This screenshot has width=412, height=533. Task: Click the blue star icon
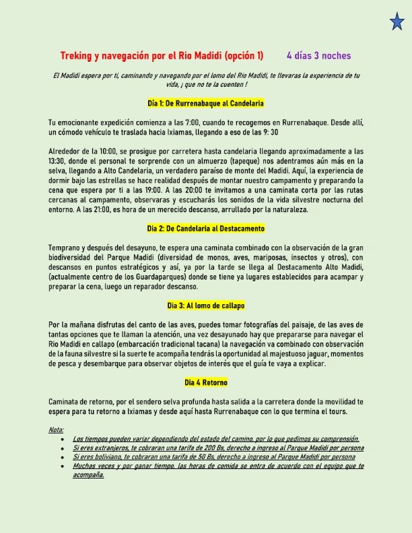click(397, 22)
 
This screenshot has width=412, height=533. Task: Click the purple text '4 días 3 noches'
click(318, 56)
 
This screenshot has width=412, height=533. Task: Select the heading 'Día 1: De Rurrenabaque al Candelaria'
click(205, 104)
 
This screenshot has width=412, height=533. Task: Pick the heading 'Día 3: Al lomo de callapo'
click(205, 324)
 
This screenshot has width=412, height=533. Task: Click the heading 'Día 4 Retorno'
click(205, 383)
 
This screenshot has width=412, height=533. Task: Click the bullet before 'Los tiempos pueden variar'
click(62, 438)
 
